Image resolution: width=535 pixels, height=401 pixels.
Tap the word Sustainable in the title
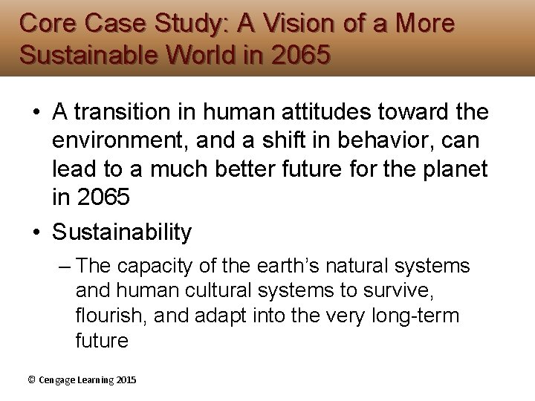click(86, 55)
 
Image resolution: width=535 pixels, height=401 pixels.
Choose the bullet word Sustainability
click(122, 232)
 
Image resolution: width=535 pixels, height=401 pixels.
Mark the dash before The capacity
click(64, 266)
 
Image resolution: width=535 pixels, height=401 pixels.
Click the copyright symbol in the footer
click(31, 379)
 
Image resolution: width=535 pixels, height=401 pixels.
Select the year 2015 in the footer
click(126, 379)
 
